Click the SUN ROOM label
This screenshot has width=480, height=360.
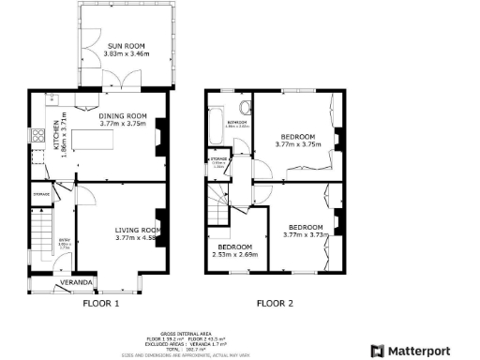coord(125,45)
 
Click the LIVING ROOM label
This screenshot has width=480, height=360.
coord(138,229)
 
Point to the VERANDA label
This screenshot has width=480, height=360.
coord(77,282)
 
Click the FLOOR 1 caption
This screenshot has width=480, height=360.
coord(101,304)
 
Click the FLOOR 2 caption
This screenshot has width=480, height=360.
coord(276,304)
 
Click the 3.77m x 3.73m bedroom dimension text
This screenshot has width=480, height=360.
coord(305,235)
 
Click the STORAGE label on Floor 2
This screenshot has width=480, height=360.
coord(217,160)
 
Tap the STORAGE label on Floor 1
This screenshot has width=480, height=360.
coord(40,193)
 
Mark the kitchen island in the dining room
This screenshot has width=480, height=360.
coord(95,141)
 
